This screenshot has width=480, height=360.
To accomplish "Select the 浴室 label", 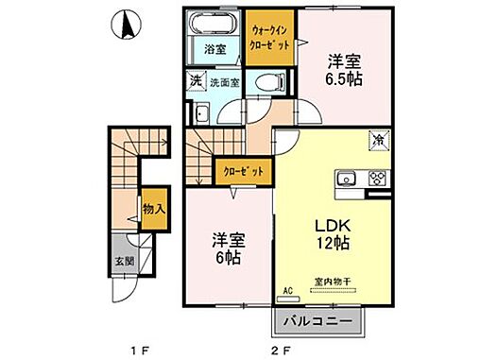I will (x=215, y=50).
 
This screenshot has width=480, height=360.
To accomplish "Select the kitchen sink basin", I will (x=347, y=178).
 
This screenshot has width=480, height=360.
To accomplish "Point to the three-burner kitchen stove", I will (x=375, y=178).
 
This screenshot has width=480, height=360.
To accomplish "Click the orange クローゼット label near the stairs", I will (x=243, y=172).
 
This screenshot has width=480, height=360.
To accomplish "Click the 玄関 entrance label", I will (x=124, y=262).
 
